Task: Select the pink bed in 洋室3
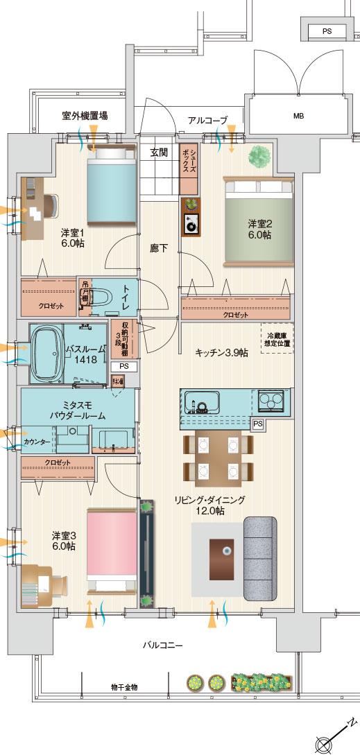coord(111,544)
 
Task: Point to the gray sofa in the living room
coord(260,557)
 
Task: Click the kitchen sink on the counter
coord(202,401)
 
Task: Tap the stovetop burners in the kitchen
coord(271,401)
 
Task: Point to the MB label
coord(298,116)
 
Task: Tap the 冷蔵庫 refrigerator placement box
coord(275,340)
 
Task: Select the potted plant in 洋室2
coord(259,156)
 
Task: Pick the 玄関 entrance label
coord(159,153)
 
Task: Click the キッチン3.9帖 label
coord(221,352)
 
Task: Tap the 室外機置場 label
coord(84,116)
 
